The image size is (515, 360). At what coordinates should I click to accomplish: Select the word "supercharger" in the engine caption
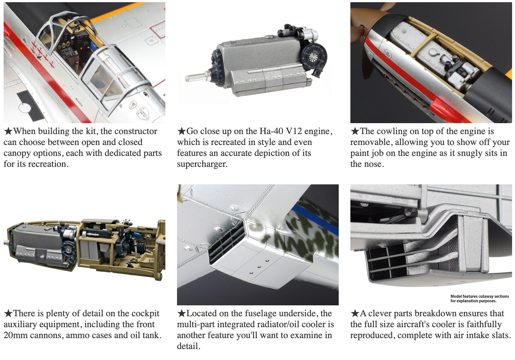point(202,164)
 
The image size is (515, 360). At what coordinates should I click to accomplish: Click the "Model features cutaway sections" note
point(480,297)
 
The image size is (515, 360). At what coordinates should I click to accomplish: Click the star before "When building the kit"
point(8,131)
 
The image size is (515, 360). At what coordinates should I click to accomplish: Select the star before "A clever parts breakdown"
point(355,313)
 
